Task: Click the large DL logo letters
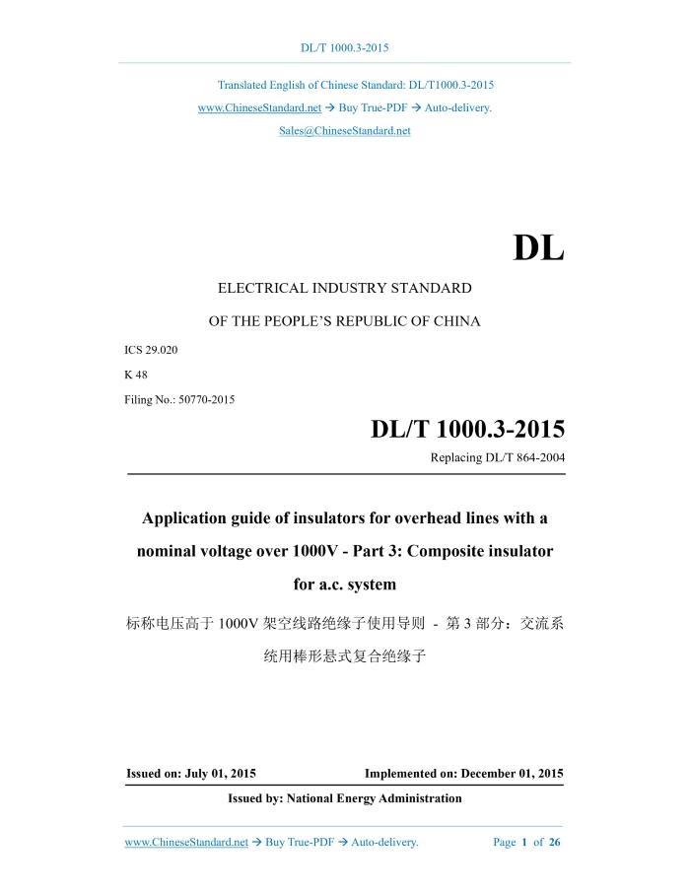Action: click(x=538, y=248)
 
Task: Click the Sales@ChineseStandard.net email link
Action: click(x=345, y=131)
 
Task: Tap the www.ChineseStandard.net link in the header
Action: click(x=259, y=107)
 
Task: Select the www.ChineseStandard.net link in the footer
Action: click(x=186, y=843)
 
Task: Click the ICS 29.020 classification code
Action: click(x=151, y=350)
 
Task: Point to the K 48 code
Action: click(x=136, y=375)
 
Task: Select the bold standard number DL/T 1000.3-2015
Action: click(x=467, y=430)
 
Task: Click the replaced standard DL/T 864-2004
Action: click(x=522, y=457)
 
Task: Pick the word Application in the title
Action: click(x=192, y=518)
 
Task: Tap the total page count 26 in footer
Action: click(x=555, y=843)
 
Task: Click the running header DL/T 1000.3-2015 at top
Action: click(x=345, y=48)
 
